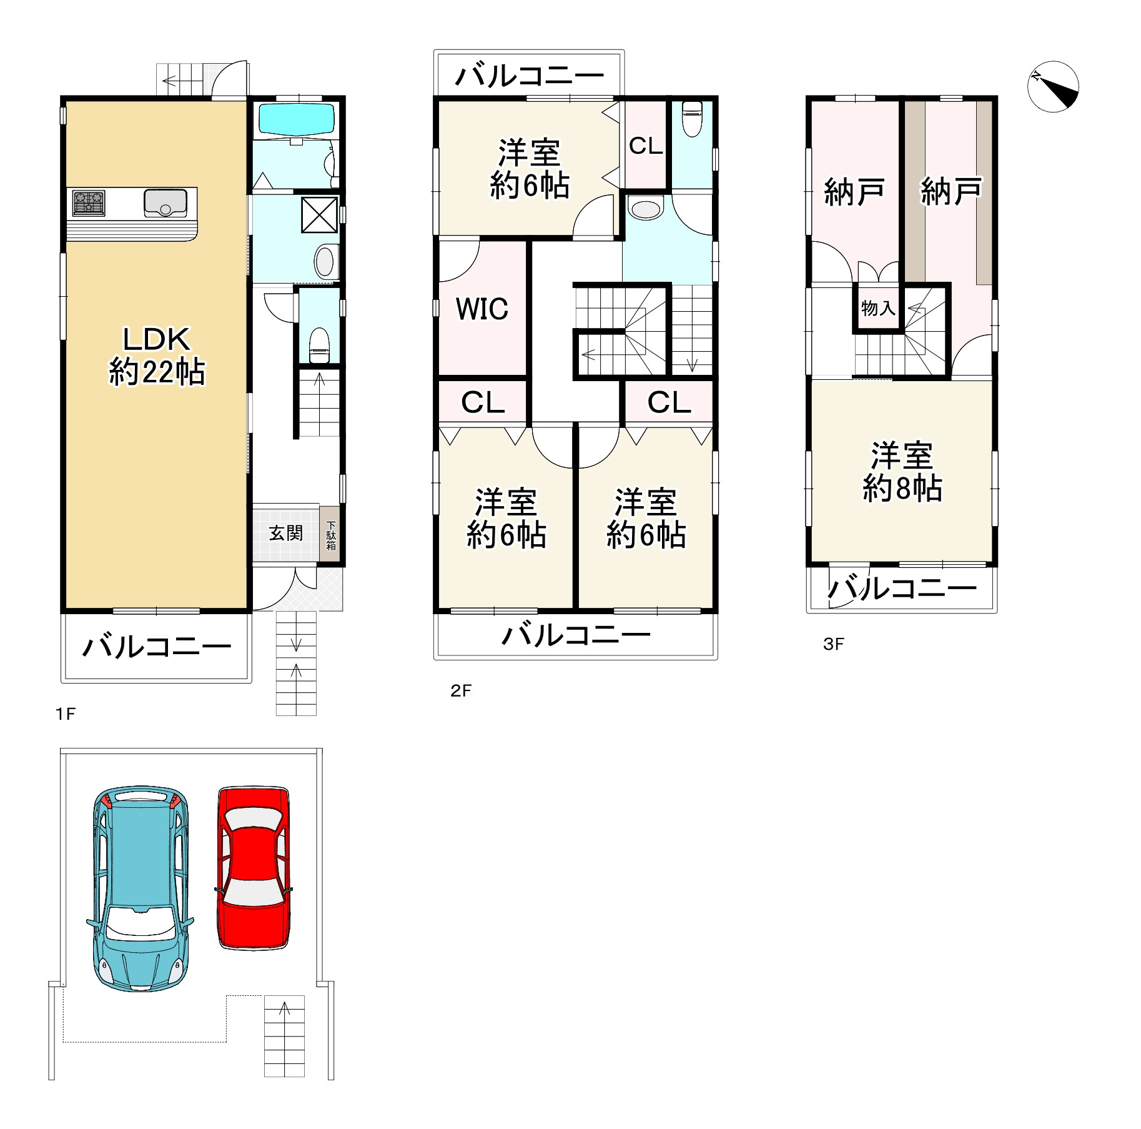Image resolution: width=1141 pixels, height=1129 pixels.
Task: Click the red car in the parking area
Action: tap(254, 868)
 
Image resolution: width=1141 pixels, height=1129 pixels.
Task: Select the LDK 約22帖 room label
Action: tap(157, 356)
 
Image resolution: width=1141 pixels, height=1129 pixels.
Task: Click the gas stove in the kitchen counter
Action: tap(89, 203)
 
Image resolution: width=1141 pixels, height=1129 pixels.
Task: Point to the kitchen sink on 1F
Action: tap(165, 202)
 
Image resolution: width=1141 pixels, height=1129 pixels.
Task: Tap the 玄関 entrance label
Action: tap(286, 533)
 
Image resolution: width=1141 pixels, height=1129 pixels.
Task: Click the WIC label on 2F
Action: tap(482, 309)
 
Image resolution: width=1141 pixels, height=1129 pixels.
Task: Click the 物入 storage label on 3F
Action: tap(878, 307)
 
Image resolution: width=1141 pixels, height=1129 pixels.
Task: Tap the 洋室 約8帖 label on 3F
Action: tap(902, 472)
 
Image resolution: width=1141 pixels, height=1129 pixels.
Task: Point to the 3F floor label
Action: tap(834, 644)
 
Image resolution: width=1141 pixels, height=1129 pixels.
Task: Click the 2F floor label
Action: tap(461, 690)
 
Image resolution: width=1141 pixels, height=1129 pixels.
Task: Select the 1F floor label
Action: tap(66, 714)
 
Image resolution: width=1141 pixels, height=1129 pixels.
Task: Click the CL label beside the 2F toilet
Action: tap(646, 146)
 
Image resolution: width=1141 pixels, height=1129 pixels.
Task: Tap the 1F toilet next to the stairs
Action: tap(319, 344)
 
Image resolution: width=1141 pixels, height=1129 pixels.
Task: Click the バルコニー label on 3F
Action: tap(903, 588)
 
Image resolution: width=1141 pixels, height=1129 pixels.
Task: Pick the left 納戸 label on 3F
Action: tap(854, 191)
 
